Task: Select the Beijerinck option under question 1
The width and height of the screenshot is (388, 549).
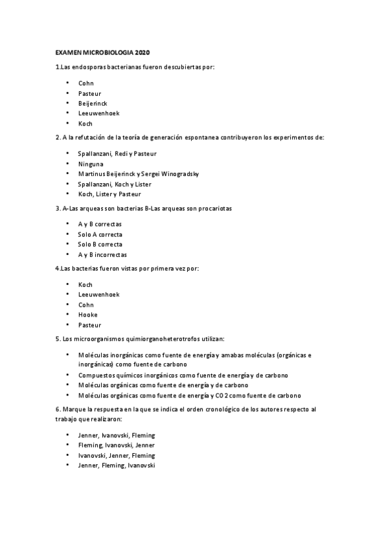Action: click(93, 104)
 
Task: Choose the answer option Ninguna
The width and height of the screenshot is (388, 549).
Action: click(91, 164)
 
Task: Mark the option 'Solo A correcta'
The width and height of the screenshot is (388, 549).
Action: click(100, 234)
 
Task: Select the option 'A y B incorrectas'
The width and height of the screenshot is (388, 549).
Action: click(102, 254)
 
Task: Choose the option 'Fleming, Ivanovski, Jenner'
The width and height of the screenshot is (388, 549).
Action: click(117, 445)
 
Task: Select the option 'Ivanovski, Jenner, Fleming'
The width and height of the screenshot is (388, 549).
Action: click(117, 455)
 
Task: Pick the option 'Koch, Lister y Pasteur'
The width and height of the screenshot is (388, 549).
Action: click(109, 194)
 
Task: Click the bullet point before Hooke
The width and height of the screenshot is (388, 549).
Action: click(67, 315)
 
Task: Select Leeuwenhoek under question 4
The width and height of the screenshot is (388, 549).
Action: click(98, 295)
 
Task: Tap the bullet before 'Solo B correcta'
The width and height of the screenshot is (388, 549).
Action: click(67, 244)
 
